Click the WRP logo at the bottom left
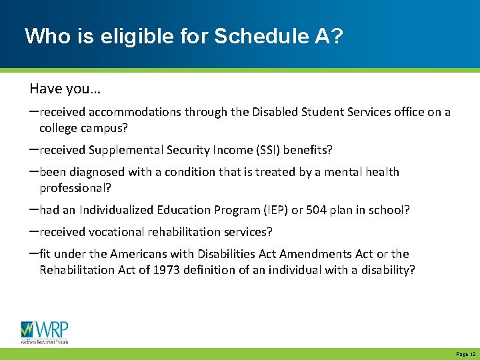pos(44,331)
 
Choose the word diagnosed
pos(97,172)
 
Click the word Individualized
pos(116,210)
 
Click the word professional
pos(74,187)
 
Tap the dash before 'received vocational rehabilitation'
pos(33,231)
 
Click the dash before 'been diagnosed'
pos(33,171)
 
